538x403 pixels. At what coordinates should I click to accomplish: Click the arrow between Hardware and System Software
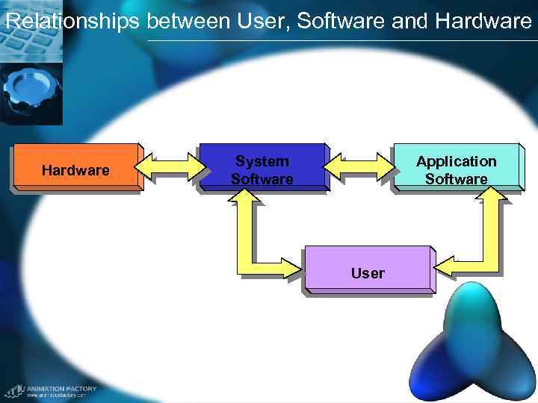click(170, 168)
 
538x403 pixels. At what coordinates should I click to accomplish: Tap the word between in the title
click(189, 21)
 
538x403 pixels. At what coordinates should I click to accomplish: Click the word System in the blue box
click(262, 160)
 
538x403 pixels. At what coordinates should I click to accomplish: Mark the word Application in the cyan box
click(456, 160)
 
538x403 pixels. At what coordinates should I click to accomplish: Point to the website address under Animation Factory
click(57, 396)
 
